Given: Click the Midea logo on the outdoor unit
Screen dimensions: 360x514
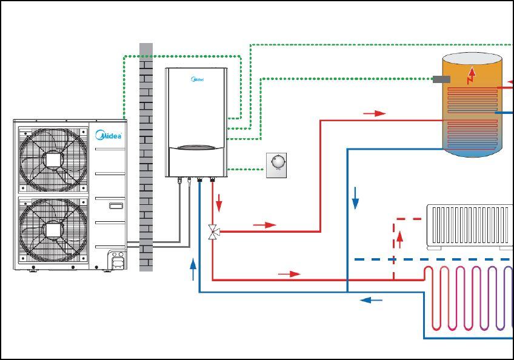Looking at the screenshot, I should point(109,135).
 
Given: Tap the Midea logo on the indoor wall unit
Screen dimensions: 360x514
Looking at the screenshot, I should point(197,79).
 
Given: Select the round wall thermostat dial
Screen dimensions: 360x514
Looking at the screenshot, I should point(277,162).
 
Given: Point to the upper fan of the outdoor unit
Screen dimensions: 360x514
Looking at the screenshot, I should point(53,159).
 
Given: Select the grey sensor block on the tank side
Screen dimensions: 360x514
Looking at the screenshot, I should point(441,79).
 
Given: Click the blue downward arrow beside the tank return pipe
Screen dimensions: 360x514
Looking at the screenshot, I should point(355,198).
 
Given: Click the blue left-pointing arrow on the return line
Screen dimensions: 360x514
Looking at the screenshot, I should point(371,299).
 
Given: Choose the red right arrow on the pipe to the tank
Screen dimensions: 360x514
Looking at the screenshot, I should point(375,113).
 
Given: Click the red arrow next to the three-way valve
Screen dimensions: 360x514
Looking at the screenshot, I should point(264,225).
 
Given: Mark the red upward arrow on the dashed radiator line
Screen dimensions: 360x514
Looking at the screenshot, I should point(400,239).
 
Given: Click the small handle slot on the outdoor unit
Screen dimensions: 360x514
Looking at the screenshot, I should point(115,206).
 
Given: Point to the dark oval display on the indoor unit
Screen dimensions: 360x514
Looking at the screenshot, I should point(197,147).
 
